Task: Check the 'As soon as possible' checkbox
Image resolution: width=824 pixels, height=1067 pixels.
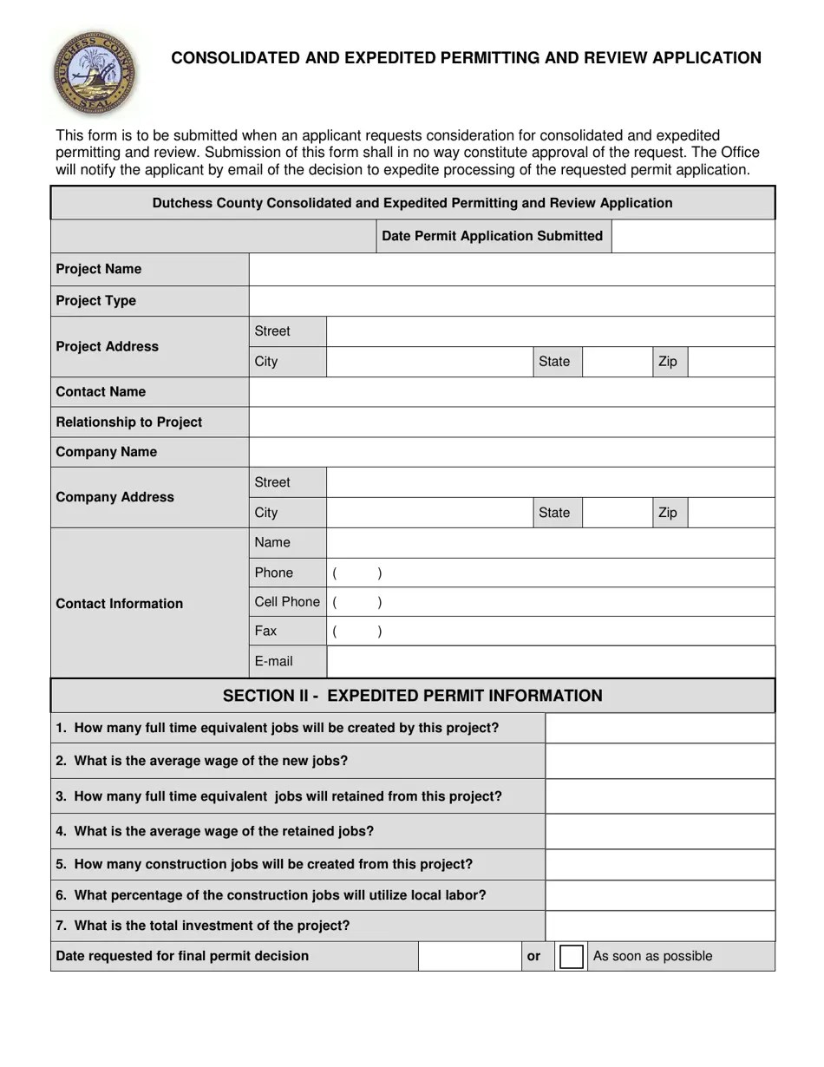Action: tap(571, 957)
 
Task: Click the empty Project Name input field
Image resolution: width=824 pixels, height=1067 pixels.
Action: tap(512, 270)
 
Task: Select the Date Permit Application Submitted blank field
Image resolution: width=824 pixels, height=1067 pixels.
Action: tap(692, 236)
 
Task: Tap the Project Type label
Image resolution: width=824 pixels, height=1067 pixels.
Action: tap(96, 301)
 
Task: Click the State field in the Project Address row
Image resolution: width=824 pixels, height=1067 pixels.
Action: tap(617, 362)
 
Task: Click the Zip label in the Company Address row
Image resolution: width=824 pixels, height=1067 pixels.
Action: tap(668, 513)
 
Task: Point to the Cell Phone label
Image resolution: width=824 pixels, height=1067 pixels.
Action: tap(287, 602)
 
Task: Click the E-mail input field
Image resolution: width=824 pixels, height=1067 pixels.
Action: tap(550, 662)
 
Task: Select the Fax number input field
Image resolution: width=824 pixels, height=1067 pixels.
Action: tap(550, 632)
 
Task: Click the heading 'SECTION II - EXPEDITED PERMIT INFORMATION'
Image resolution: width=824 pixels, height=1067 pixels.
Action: tap(412, 696)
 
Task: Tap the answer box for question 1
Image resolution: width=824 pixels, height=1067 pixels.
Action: tap(659, 729)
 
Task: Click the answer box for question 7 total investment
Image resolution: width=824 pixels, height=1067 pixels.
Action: tap(659, 926)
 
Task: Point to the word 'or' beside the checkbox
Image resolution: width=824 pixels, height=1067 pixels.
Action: tap(533, 956)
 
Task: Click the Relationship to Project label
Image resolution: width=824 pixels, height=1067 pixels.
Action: tap(128, 422)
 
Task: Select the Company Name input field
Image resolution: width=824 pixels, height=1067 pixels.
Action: tap(512, 452)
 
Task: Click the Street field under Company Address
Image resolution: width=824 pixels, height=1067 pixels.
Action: tap(550, 482)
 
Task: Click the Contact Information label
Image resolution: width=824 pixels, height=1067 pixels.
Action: tap(119, 604)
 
